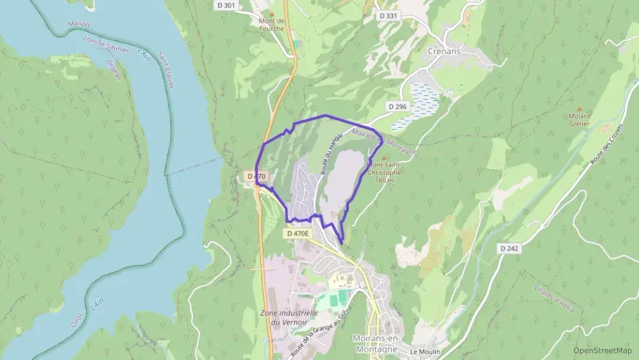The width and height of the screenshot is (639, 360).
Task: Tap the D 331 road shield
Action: pos(388,16)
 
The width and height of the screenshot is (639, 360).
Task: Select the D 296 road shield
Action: pos(397,107)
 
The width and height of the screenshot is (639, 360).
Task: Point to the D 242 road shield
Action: pos(509,248)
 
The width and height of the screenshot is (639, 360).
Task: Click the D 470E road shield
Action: pos(298,234)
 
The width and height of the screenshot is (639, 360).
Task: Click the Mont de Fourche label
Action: pos(271,25)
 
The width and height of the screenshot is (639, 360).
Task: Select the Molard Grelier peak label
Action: pos(580,120)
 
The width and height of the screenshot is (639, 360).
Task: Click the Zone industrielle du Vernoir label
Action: pos(285,317)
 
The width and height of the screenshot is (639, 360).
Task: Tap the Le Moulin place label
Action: pos(424,351)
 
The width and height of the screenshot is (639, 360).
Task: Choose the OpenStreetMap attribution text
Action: pos(603,350)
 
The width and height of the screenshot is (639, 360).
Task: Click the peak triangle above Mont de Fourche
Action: pos(271,13)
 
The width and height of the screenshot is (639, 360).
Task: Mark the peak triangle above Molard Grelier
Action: pos(580,107)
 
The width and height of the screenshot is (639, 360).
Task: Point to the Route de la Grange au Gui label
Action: pos(319,333)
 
